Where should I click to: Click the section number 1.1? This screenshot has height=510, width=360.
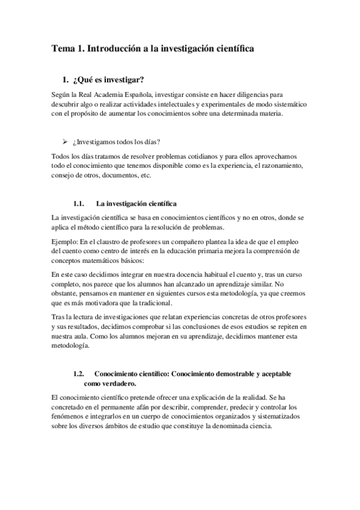pos(78,204)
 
